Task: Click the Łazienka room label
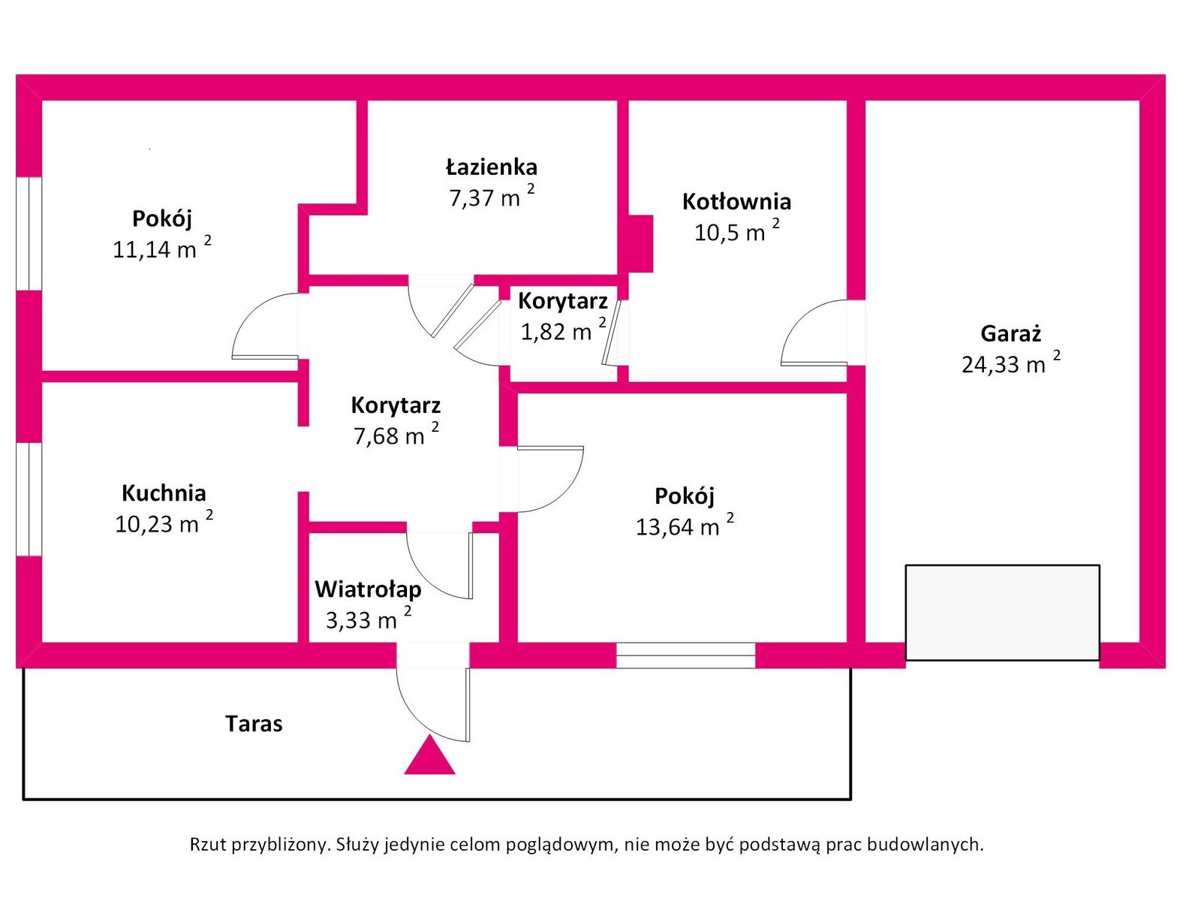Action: pyautogui.click(x=492, y=167)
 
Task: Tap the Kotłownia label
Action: pyautogui.click(x=736, y=201)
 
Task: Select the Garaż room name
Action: pyautogui.click(x=1010, y=333)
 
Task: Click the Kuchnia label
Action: pyautogui.click(x=164, y=493)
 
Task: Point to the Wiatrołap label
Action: pyautogui.click(x=368, y=589)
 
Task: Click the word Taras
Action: pyautogui.click(x=254, y=724)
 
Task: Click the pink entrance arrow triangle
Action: pyautogui.click(x=429, y=757)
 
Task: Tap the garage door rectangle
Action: pyautogui.click(x=1002, y=613)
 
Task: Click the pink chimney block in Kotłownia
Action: pyautogui.click(x=640, y=243)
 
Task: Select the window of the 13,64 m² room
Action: pyautogui.click(x=685, y=655)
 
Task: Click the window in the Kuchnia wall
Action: pyautogui.click(x=29, y=499)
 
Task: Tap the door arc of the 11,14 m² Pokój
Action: pyautogui.click(x=266, y=327)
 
